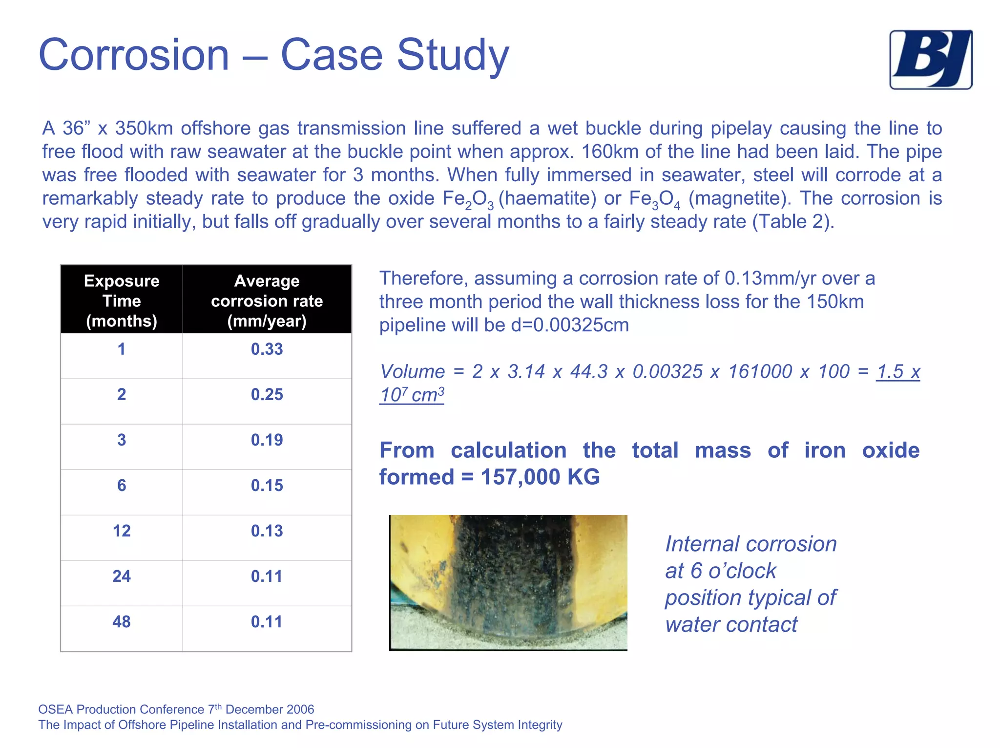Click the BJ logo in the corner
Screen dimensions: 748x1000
point(931,60)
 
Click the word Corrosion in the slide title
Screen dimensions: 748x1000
point(134,55)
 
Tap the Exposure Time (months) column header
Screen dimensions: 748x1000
point(122,300)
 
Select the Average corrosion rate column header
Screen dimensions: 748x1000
point(267,300)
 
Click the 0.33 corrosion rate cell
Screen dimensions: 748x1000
point(267,349)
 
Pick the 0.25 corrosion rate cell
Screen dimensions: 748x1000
point(267,395)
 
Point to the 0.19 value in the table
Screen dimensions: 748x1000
point(267,440)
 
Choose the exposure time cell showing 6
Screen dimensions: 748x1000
point(122,486)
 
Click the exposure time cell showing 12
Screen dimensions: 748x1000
point(122,531)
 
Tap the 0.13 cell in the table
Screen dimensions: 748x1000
point(267,531)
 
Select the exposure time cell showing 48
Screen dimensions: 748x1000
point(122,622)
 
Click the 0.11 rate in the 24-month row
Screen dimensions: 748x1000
point(267,577)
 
